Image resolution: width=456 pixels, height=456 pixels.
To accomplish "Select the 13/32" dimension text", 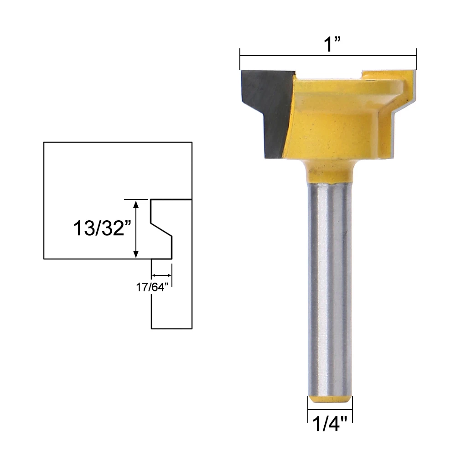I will (x=99, y=228).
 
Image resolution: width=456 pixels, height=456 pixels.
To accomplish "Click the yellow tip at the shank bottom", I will (x=329, y=399).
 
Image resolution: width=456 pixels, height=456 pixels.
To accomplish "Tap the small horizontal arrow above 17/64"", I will (x=162, y=275).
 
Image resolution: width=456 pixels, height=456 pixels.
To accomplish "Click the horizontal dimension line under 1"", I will (x=328, y=56).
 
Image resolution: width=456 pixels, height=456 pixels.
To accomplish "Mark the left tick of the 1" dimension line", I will (x=240, y=56).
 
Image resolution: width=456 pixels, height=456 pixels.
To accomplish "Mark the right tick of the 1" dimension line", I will (x=417, y=56).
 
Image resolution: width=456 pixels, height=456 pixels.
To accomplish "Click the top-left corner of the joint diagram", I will (x=44, y=143).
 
